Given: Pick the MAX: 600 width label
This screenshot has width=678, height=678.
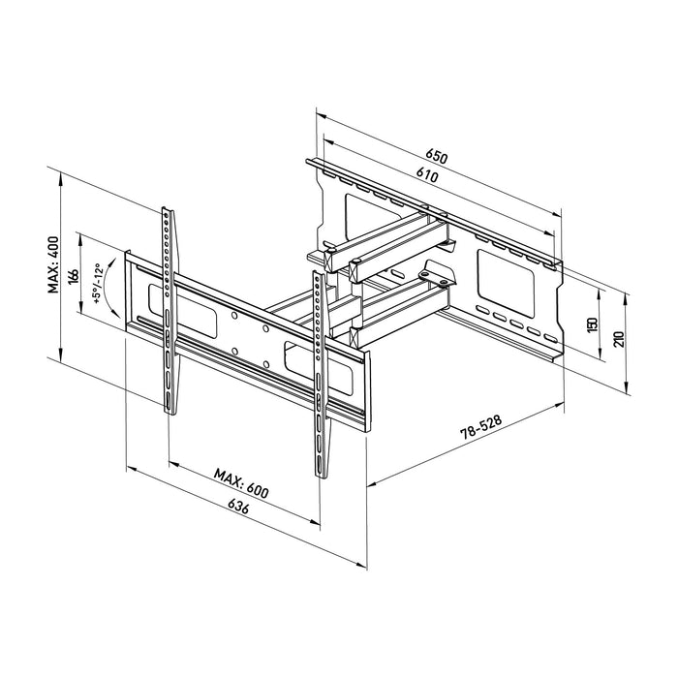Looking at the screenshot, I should (x=241, y=481).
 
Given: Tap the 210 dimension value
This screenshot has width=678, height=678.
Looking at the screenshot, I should (x=617, y=339).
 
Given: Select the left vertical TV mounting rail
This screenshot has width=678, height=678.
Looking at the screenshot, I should (x=169, y=310).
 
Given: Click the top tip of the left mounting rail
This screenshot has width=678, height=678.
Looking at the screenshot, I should (x=167, y=209).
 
